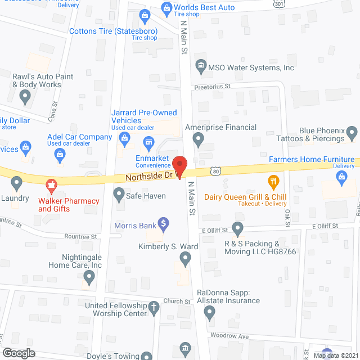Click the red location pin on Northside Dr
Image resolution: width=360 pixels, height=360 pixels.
click(x=179, y=166)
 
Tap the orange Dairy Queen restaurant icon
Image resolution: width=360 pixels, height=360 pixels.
click(x=273, y=181)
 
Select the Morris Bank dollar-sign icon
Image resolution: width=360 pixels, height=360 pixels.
click(x=164, y=224)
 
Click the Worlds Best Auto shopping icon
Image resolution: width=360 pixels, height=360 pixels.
click(x=166, y=8)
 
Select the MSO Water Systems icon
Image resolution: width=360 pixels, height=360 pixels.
click(x=200, y=67)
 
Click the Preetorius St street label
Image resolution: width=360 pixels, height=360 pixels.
click(x=213, y=86)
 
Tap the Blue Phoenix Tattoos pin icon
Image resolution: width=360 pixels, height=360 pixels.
click(x=353, y=134)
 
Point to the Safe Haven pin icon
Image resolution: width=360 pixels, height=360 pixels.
click(x=119, y=195)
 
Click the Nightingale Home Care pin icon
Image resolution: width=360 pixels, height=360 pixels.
click(x=89, y=276)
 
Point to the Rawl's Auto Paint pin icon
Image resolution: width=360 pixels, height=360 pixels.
click(x=24, y=97)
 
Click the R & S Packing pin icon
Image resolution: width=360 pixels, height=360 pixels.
click(x=237, y=229)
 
